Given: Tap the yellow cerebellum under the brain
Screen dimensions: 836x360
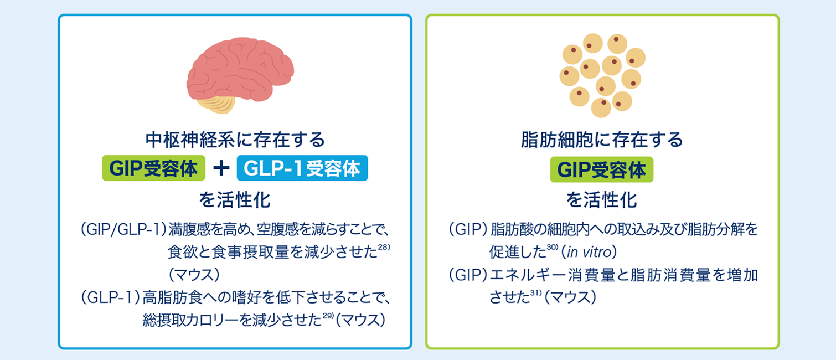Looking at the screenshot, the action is coord(216,104).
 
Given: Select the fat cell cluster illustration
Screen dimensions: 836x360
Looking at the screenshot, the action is coord(602,75).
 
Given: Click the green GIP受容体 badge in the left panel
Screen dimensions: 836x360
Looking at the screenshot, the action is coord(153,168).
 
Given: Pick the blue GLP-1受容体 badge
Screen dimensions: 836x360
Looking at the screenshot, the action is coord(302,168).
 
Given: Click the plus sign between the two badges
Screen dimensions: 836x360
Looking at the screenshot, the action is coord(221,168).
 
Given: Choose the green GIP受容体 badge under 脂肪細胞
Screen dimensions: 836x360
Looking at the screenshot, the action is coord(602,169).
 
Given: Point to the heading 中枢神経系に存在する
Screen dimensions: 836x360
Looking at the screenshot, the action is coord(235,140).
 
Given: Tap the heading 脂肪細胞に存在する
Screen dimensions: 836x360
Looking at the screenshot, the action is coord(602,140).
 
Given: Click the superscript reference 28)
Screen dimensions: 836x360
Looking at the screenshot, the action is coord(384,247).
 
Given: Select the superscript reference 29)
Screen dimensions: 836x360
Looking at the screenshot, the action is coord(328,316).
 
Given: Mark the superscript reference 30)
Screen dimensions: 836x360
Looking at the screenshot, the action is coord(552,247).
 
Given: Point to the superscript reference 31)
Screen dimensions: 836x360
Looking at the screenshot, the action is coord(535,293).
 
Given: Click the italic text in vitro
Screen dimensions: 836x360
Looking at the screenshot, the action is coord(589,253).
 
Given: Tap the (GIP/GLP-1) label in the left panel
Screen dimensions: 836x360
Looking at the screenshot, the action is coord(123,229).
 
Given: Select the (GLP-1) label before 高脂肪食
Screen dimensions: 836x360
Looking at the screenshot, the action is coord(111,297).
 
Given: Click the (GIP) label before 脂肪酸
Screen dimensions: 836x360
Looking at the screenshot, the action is coord(468,229).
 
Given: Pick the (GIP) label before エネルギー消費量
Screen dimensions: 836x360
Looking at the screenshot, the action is coord(468,275).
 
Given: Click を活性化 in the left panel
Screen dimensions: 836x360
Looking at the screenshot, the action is coord(235,200).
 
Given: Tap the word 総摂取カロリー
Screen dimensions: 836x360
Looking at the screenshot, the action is coord(190,321).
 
